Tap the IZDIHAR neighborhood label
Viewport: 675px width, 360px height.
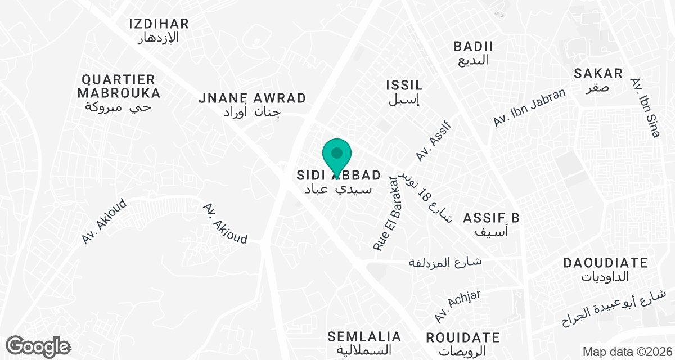[159, 24]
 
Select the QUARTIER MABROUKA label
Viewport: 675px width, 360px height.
[119, 86]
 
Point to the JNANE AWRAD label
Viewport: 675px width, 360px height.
[253, 98]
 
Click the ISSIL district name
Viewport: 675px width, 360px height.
[404, 85]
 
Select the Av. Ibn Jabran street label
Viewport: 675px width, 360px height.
[529, 108]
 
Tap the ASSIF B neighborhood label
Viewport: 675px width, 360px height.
[490, 218]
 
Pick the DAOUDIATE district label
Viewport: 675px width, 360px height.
[605, 263]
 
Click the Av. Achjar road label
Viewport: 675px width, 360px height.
[457, 307]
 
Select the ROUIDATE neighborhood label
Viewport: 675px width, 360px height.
[462, 338]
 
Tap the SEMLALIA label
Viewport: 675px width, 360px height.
[366, 337]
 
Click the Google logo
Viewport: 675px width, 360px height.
[38, 346]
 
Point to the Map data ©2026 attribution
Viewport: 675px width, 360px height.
[627, 352]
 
